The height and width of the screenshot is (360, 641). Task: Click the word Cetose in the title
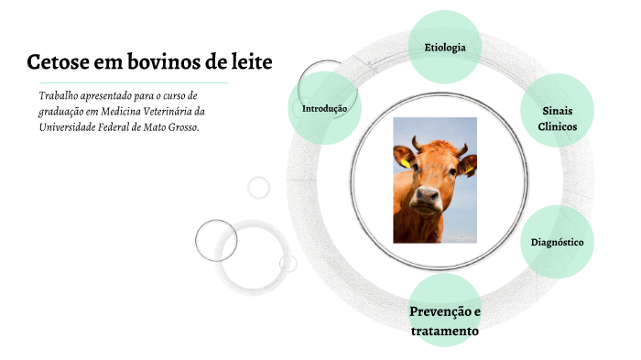pos(57,62)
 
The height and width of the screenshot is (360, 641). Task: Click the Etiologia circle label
pos(445,47)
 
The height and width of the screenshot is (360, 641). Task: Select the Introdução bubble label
pos(324,108)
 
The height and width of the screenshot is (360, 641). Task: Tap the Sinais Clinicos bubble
pos(558,118)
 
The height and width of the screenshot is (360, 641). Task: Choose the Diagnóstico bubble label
pos(558,242)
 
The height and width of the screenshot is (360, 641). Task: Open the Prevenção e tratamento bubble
pos(445,320)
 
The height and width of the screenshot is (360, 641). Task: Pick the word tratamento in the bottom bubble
pos(445,330)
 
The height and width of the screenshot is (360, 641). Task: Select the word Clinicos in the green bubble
pos(558,126)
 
